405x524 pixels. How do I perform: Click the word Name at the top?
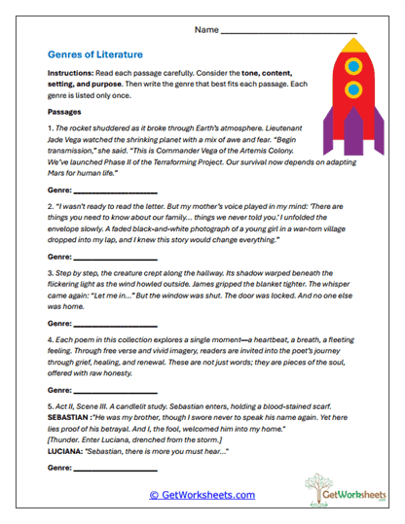(206, 31)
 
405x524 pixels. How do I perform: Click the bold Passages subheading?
(66, 112)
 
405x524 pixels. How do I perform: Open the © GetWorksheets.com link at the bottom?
(202, 495)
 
